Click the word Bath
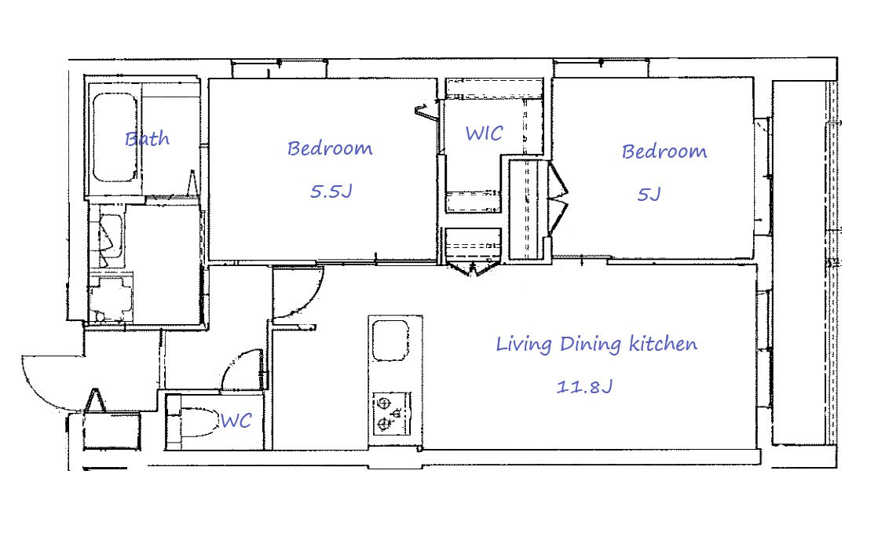pos(147,138)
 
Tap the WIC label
pos(484,133)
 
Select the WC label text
pos(236,420)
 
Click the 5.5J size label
pos(331,192)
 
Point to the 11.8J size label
pos(584,386)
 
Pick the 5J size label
pos(649,194)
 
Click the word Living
pos(524,344)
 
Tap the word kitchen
pos(664,343)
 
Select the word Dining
pos(591,344)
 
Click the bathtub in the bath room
pos(114,137)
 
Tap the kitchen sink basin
pos(390,340)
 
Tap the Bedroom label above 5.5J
pos(330,148)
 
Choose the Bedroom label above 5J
pos(664,151)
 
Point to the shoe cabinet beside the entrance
pos(112,430)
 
